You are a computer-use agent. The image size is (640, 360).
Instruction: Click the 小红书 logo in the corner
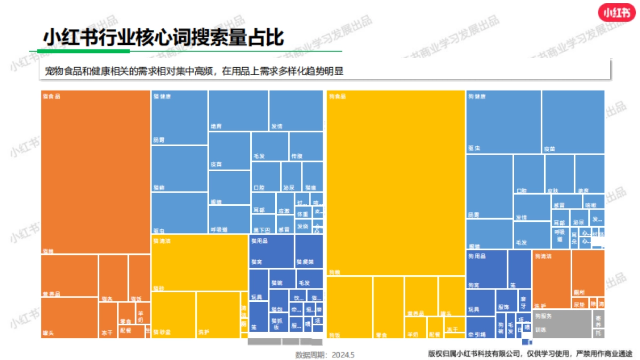click(x=615, y=13)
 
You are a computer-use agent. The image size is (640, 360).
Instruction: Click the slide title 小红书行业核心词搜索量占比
click(x=164, y=38)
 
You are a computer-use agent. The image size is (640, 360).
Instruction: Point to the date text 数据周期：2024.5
click(x=325, y=354)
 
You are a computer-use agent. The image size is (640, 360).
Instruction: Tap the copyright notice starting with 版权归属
click(x=530, y=353)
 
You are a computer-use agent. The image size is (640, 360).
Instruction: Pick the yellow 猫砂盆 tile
click(x=173, y=315)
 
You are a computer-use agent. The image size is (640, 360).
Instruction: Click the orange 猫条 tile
click(x=113, y=278)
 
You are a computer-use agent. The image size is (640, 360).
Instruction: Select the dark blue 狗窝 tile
click(x=486, y=269)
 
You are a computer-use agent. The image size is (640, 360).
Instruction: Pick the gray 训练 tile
click(x=562, y=323)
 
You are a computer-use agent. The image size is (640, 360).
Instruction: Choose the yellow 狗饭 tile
click(x=349, y=307)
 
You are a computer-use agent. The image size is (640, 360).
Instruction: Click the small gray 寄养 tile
click(x=599, y=319)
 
